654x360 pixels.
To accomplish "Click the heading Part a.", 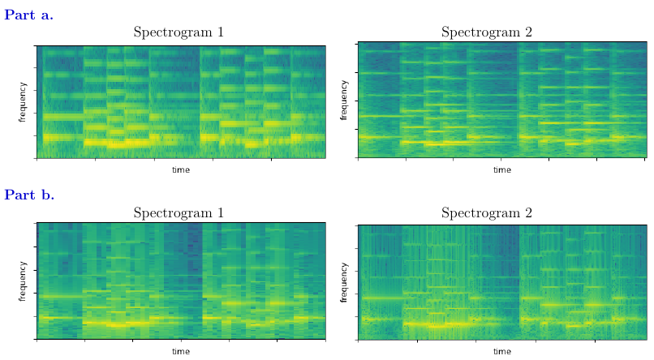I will click(29, 14).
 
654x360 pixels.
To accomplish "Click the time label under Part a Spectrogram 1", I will click(181, 170).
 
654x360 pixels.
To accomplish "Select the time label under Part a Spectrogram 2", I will click(502, 170).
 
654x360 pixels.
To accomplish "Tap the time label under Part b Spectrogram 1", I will click(181, 351).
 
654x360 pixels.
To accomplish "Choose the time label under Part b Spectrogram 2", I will click(502, 351).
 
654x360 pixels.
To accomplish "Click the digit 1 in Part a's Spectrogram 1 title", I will click(220, 32).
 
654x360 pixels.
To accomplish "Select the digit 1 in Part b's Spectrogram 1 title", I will click(220, 213).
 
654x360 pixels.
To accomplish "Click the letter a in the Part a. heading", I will click(45, 15).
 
